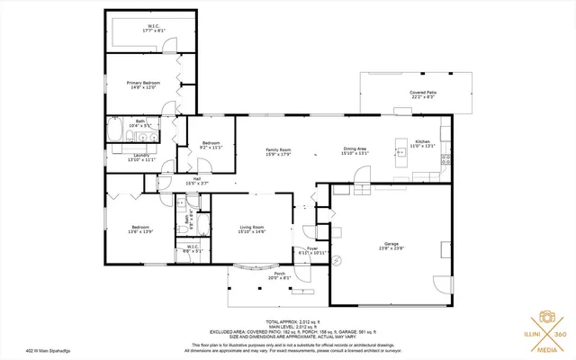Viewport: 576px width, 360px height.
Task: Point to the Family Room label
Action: (x=278, y=151)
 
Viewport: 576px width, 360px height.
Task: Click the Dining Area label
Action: (x=355, y=151)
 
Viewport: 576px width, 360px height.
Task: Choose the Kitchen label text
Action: (x=423, y=143)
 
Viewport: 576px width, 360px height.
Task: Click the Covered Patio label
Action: (x=422, y=94)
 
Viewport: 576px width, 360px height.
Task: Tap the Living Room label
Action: (x=252, y=229)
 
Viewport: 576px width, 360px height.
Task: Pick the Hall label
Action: (x=196, y=180)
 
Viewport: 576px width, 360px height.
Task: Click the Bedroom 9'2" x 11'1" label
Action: (x=211, y=145)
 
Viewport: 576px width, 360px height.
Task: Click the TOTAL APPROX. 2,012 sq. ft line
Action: (x=288, y=321)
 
